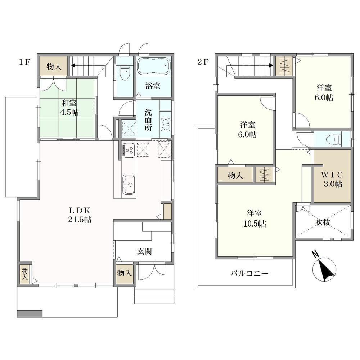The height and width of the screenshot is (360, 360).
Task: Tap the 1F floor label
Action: pos(24,62)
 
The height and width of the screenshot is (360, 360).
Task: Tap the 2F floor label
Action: pos(203,62)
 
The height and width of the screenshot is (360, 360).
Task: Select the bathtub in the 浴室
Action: pos(154,66)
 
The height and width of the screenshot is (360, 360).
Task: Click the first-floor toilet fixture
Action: pos(125,72)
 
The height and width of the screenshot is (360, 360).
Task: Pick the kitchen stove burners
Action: pos(129,150)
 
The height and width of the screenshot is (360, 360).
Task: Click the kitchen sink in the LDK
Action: pos(129,184)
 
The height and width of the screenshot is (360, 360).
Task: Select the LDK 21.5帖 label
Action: pos(80,215)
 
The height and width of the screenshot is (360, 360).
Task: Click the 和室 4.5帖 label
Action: pos(69,107)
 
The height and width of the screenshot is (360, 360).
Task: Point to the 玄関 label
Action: pos(144,251)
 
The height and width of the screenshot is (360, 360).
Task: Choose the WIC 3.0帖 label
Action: pos(332,179)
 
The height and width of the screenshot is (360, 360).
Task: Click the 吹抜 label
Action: pos(323,222)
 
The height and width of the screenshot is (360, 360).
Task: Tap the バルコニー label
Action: pos(249,274)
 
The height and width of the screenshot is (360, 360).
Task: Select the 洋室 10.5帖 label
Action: pos(255,219)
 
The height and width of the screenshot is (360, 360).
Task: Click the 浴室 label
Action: pos(153,86)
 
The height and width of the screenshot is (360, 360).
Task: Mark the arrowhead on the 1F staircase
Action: pos(73,66)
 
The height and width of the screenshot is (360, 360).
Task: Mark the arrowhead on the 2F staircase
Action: pos(271,65)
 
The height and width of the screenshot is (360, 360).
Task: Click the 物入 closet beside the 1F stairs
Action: pos(54,66)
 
